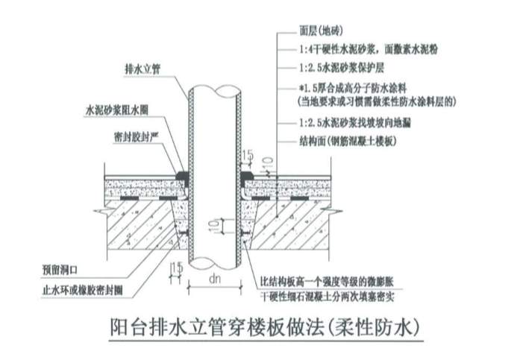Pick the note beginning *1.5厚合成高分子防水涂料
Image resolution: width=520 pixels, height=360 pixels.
click(x=359, y=89)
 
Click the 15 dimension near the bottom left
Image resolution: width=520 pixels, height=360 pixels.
click(x=177, y=268)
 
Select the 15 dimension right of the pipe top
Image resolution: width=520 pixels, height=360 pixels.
click(x=248, y=154)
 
